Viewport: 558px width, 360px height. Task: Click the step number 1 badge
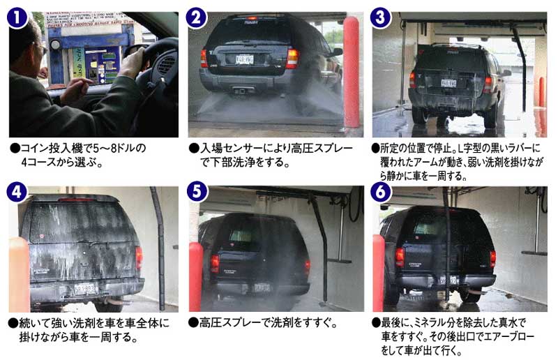pos(17,17)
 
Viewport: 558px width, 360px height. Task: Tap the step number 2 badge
pos(196,17)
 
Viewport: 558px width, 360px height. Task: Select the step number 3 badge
pos(380,17)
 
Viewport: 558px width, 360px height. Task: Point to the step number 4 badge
pos(17,192)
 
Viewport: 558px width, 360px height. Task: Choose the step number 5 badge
pos(197,192)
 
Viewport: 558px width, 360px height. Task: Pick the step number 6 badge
pos(380,192)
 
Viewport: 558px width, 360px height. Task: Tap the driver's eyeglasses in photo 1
pos(41,47)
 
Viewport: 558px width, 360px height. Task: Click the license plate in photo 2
pos(245,59)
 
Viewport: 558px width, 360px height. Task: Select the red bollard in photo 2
pos(352,72)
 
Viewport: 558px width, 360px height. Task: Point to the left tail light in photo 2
pos(204,59)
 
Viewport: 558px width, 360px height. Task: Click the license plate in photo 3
pos(448,83)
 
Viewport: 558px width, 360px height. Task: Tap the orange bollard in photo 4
pos(19,274)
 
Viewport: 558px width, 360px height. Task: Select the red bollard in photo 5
pos(196,277)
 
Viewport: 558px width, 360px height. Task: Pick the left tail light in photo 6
pos(400,257)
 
